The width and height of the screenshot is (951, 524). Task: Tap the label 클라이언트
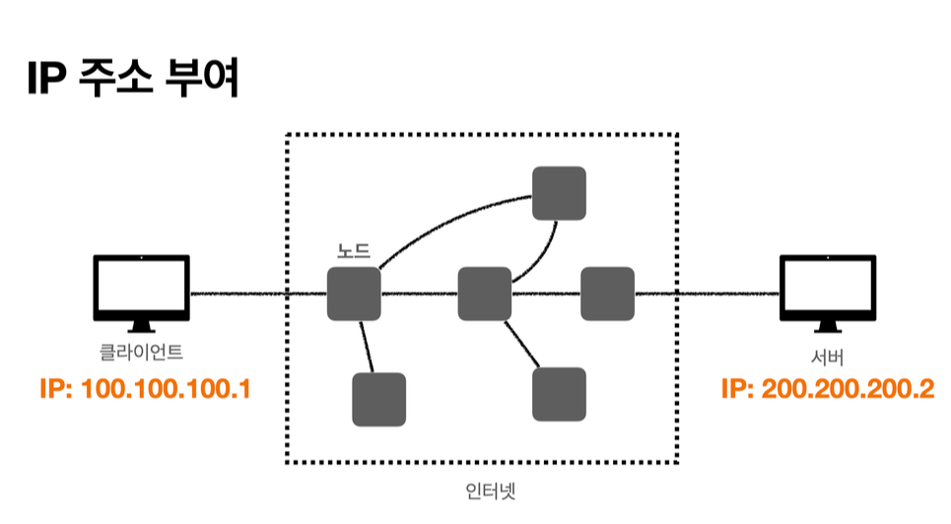point(141,351)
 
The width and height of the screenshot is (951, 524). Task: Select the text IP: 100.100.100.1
point(144,389)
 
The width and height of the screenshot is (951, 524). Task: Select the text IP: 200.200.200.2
point(828,389)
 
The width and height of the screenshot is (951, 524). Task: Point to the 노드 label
point(354,251)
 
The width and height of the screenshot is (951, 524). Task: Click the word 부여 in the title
point(205,80)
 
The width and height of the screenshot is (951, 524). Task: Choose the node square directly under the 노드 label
point(354,294)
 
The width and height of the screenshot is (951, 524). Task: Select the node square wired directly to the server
point(607,294)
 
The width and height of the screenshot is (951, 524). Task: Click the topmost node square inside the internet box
point(559,193)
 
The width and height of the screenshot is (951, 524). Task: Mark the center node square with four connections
point(485,294)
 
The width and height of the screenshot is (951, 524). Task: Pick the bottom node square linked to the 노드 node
point(378,399)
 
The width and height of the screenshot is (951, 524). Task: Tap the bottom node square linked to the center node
point(559,394)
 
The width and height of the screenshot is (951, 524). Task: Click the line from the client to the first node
point(256,294)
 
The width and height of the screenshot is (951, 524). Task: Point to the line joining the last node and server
point(706,294)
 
